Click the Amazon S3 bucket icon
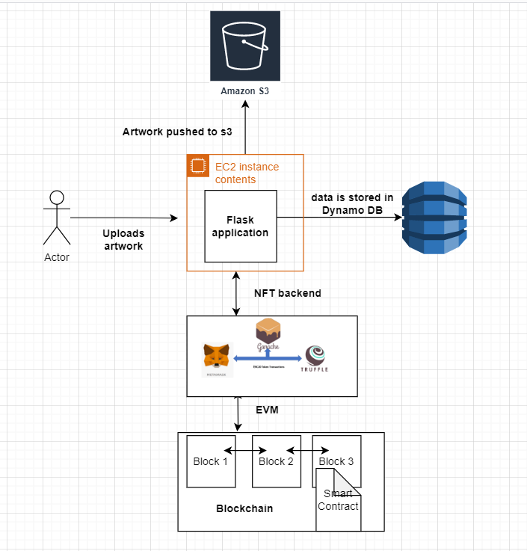click(x=245, y=46)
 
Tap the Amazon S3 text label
click(x=244, y=91)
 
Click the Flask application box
click(x=241, y=226)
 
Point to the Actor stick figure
click(x=57, y=218)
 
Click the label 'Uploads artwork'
click(x=123, y=239)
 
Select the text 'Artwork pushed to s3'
click(x=177, y=132)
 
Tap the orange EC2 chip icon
click(x=197, y=166)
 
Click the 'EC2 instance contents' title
click(x=246, y=173)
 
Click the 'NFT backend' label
click(x=288, y=293)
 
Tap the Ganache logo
click(x=270, y=332)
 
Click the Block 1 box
click(x=211, y=461)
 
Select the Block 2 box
click(x=276, y=461)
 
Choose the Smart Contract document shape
click(x=338, y=499)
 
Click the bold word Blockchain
click(x=244, y=508)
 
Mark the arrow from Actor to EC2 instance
click(x=124, y=218)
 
